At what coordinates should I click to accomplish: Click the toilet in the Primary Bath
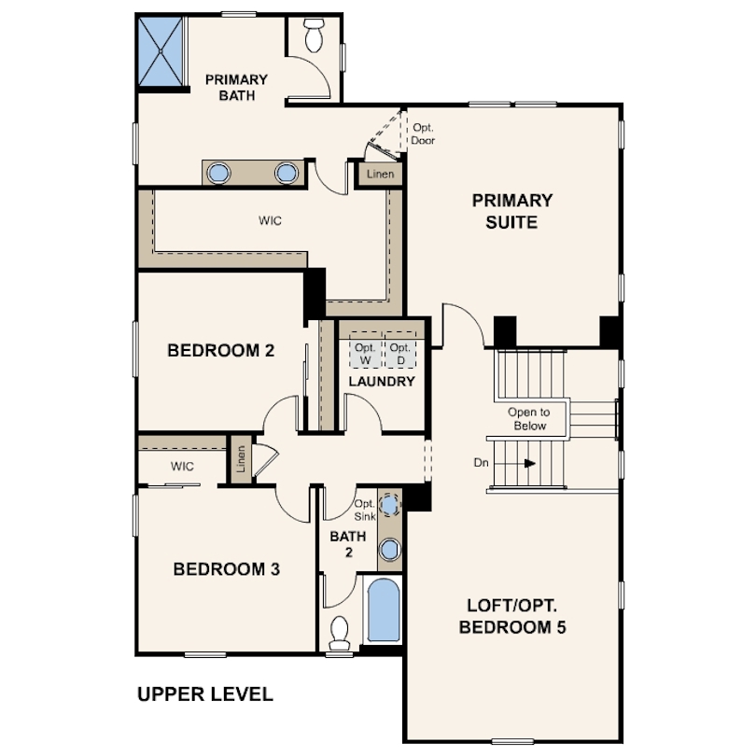314,35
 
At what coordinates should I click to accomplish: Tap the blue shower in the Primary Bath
161,51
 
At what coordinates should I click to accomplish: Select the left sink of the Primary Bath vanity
218,173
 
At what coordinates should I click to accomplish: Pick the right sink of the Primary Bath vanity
287,173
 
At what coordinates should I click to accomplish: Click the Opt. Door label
423,134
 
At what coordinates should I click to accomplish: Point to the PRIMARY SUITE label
512,211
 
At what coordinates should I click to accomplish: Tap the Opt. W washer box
366,351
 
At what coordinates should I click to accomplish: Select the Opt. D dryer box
400,351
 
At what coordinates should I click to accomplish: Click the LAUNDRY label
382,382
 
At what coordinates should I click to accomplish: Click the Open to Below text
529,419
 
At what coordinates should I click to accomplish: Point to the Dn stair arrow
515,463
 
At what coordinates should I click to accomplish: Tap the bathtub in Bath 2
384,609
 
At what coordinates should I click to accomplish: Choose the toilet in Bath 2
340,633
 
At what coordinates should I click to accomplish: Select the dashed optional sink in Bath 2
389,505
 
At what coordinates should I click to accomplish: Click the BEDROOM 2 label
221,351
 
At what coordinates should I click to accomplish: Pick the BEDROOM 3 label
227,569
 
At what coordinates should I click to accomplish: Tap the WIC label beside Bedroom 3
182,467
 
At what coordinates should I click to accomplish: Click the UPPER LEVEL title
205,694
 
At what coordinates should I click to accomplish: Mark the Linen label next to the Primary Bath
381,174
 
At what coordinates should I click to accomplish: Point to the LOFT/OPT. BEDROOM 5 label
512,616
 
